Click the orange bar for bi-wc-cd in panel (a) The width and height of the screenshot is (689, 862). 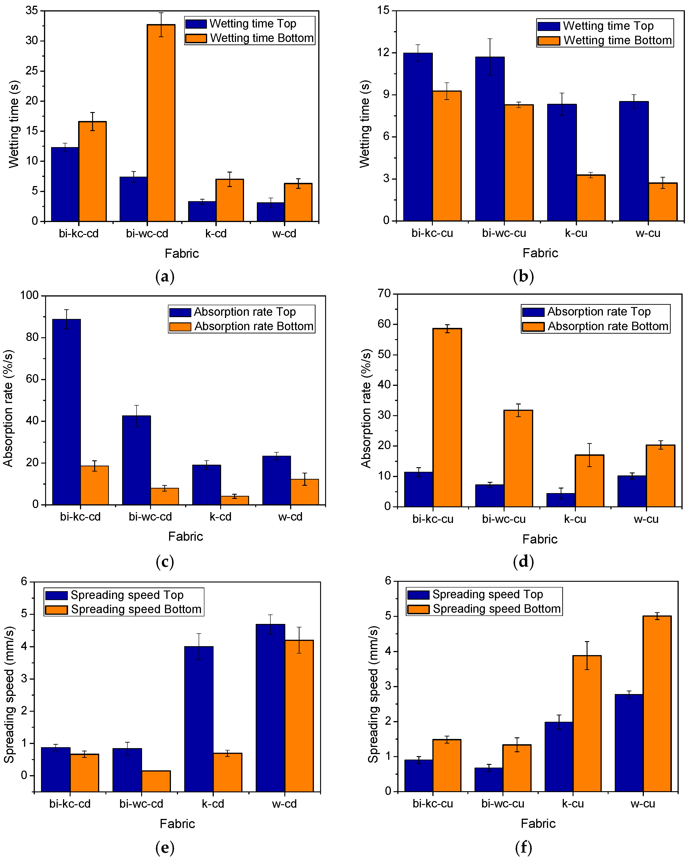161,123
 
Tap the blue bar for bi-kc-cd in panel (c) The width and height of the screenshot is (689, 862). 66,412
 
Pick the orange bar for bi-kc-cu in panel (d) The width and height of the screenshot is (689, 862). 447,417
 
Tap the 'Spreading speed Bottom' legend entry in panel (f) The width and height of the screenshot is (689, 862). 484,609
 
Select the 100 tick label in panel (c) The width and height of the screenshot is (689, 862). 29,295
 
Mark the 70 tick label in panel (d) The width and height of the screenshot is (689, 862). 384,294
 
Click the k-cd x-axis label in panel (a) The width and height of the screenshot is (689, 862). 216,233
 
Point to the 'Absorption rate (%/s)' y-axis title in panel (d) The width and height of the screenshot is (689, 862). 366,408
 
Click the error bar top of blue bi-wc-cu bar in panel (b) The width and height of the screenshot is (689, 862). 490,39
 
